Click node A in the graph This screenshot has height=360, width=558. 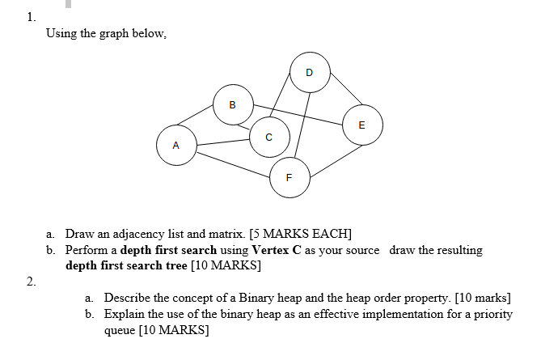(x=176, y=144)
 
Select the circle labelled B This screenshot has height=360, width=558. (x=233, y=104)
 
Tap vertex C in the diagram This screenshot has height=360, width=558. (x=268, y=135)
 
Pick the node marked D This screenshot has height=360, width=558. (x=310, y=72)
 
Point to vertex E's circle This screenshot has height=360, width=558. (x=361, y=125)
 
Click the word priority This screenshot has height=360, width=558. (x=492, y=314)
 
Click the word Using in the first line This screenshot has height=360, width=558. (x=61, y=34)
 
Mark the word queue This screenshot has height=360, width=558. (x=120, y=330)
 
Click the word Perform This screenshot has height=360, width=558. (x=90, y=250)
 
